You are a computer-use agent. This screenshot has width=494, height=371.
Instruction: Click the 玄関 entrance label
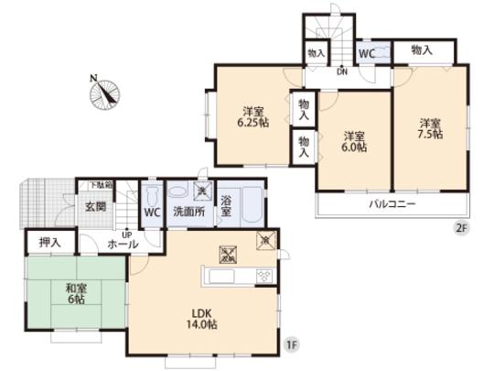coord(95,206)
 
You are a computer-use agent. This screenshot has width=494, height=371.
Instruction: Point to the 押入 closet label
coord(50,243)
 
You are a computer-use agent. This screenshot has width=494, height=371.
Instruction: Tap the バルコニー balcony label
coord(392,204)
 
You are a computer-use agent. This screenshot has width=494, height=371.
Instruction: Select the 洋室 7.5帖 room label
coord(431,128)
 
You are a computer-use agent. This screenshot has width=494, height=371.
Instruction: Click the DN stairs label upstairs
coord(341,71)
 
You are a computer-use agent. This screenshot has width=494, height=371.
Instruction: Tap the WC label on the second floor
coord(367,53)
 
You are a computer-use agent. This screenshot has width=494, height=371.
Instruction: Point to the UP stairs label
coord(128,234)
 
